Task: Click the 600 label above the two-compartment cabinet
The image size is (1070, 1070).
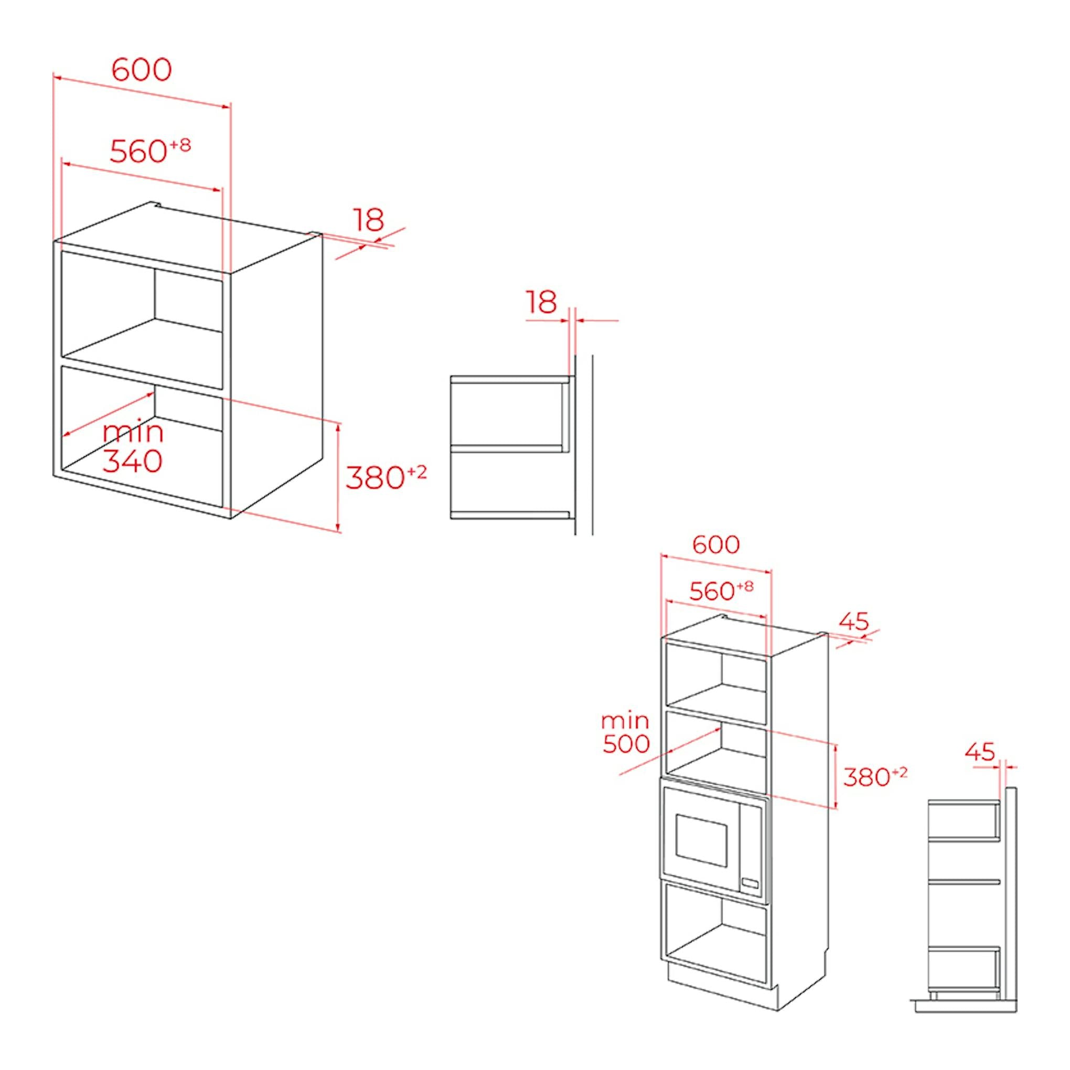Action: coord(142,70)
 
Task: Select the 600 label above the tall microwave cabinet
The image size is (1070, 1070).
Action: coord(716,544)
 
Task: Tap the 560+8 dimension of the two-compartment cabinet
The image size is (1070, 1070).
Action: coord(150,151)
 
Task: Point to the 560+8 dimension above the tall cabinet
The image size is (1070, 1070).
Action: coord(721,591)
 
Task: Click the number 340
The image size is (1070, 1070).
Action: coord(132,461)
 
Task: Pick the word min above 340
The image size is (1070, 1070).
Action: coord(133,433)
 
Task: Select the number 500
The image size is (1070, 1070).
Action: coord(626,744)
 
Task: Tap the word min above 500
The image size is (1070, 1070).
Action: coord(625,721)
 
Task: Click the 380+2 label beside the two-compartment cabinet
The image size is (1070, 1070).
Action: coord(387,477)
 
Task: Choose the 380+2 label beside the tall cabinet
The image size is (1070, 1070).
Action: coord(875,776)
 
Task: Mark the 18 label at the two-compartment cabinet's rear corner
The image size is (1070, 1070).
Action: coord(369,220)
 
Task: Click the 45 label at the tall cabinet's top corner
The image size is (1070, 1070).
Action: coord(854,622)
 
